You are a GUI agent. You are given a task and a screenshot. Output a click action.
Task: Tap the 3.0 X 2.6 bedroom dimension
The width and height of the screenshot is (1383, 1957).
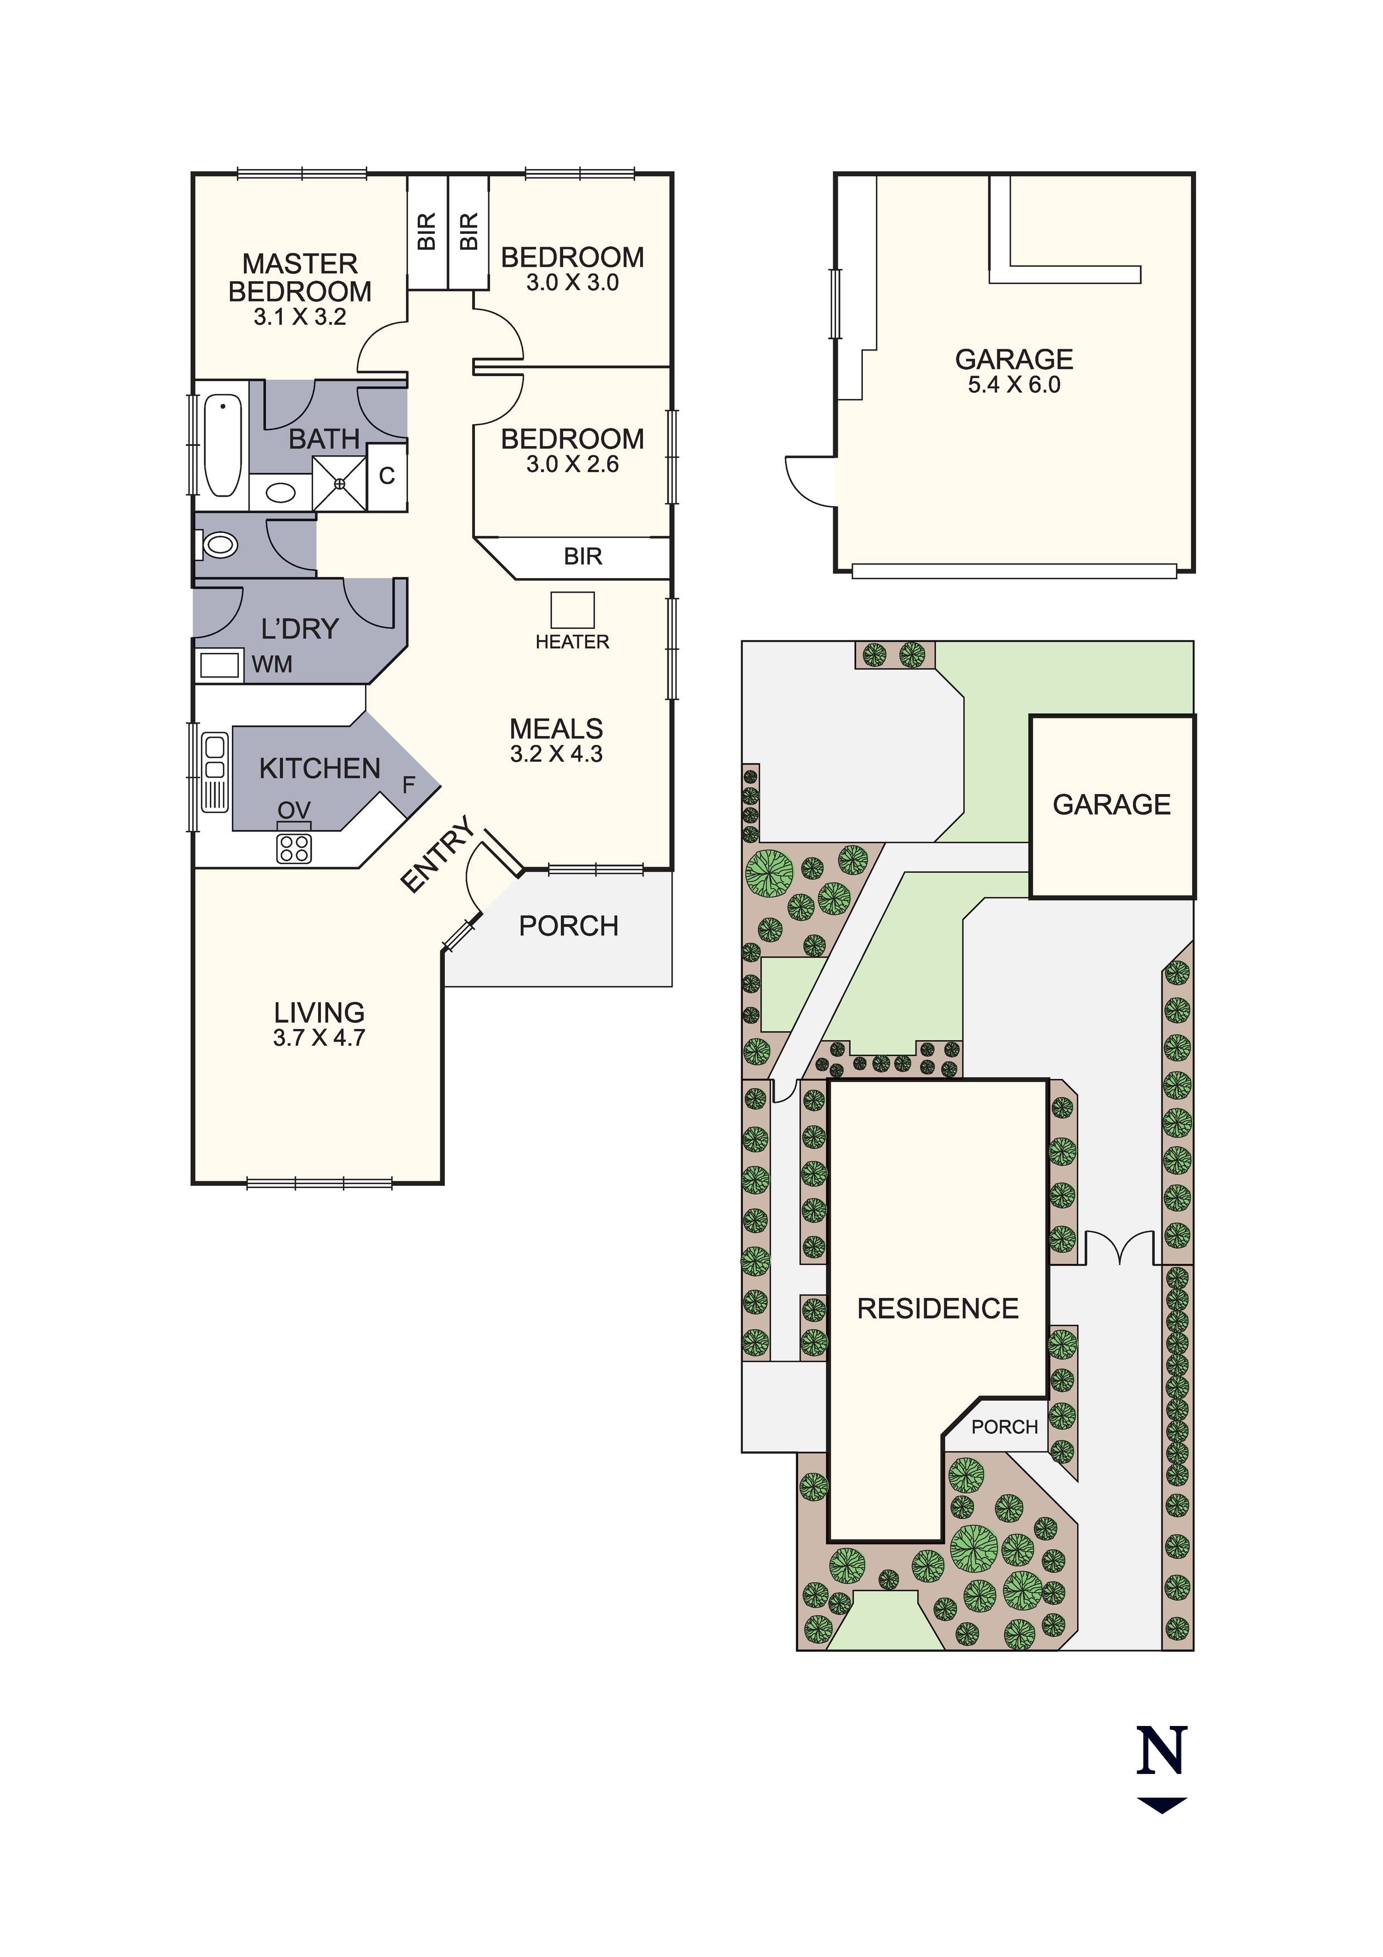(572, 464)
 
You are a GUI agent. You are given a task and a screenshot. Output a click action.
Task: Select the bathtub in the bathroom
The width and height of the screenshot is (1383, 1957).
(223, 445)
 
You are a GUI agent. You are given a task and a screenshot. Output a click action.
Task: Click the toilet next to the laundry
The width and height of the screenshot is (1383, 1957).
(219, 544)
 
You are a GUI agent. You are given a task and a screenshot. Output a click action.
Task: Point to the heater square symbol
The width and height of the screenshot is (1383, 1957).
(572, 610)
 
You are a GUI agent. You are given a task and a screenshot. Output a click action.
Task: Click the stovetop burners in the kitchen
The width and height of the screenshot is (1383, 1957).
(294, 849)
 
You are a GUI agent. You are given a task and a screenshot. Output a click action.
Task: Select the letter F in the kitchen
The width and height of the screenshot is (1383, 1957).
(409, 784)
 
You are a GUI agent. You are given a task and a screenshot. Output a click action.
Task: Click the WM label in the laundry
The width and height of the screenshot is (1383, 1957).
(272, 664)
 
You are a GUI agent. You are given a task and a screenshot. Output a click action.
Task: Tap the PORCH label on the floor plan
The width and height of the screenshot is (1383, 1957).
(569, 926)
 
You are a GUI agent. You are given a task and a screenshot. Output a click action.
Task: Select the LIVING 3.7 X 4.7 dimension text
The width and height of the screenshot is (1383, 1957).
(319, 1037)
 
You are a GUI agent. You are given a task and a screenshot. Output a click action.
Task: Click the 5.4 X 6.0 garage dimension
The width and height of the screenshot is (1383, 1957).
(1014, 384)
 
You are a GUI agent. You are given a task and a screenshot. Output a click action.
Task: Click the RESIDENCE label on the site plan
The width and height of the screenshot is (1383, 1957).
(938, 1309)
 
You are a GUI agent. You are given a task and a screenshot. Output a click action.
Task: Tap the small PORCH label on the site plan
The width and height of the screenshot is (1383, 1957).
(1005, 1427)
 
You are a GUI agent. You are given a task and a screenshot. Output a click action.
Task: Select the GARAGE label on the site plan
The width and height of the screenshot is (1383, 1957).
(1112, 805)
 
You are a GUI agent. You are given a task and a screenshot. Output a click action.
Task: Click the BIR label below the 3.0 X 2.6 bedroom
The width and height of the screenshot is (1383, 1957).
(583, 556)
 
